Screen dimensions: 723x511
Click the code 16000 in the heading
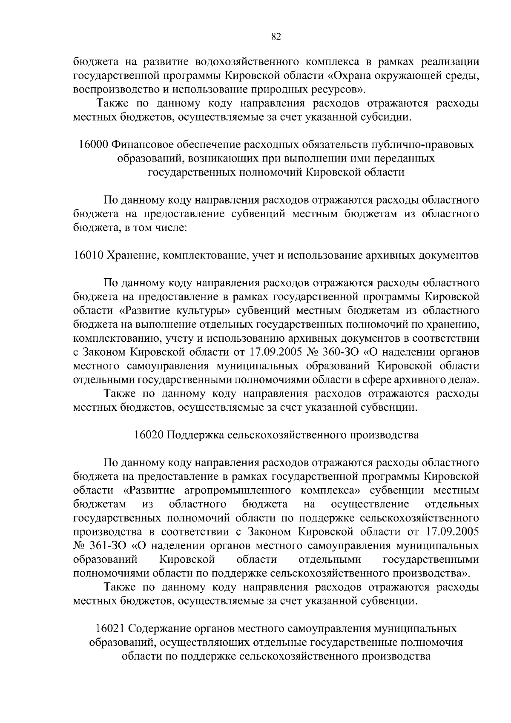92,145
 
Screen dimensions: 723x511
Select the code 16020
148,435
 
